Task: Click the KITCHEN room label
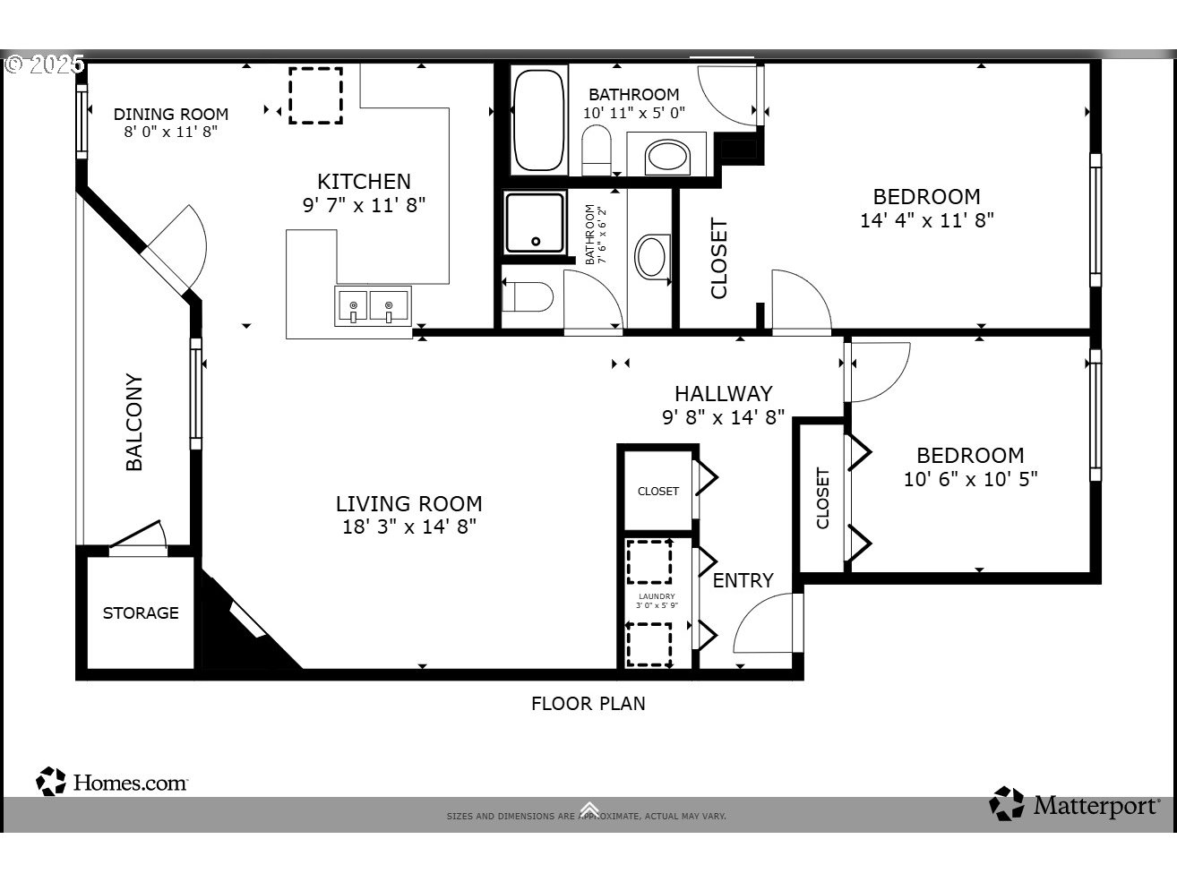pyautogui.click(x=364, y=182)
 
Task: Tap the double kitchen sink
pyautogui.click(x=372, y=306)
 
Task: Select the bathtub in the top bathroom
pyautogui.click(x=538, y=119)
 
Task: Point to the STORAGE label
pyautogui.click(x=141, y=613)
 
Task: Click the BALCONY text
pyautogui.click(x=134, y=422)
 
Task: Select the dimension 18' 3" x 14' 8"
pyautogui.click(x=408, y=527)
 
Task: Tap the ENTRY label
pyautogui.click(x=743, y=580)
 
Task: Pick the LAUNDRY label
pyautogui.click(x=657, y=596)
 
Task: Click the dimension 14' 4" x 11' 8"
pyautogui.click(x=926, y=220)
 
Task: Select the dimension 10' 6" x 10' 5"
pyautogui.click(x=970, y=479)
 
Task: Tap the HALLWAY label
pyautogui.click(x=723, y=393)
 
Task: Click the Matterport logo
pyautogui.click(x=1074, y=804)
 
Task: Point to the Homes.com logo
pyautogui.click(x=112, y=782)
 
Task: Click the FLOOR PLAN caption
pyautogui.click(x=588, y=704)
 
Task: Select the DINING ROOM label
pyautogui.click(x=170, y=115)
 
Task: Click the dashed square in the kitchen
pyautogui.click(x=314, y=95)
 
